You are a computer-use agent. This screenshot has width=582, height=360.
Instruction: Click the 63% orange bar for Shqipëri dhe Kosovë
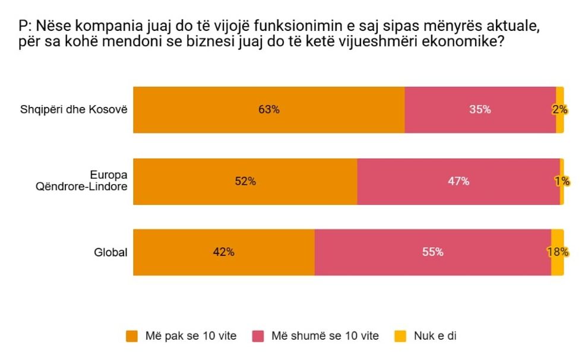[x=268, y=110]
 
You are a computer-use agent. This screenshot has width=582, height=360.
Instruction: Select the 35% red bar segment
[x=480, y=110]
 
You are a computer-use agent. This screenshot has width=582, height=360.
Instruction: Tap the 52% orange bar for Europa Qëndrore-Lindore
[x=245, y=182]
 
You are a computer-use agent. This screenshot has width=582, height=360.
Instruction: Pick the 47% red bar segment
[x=458, y=182]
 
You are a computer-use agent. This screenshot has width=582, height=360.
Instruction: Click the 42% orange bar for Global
[x=223, y=252]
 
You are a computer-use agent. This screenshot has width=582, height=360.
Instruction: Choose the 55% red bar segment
[x=432, y=252]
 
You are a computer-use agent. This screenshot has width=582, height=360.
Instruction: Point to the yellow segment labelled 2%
[x=559, y=110]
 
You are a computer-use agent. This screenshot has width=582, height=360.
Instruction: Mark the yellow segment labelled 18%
[x=557, y=252]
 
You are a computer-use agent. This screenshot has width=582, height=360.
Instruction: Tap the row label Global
[x=110, y=252]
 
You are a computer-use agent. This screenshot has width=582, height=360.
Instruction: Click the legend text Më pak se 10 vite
[x=191, y=336]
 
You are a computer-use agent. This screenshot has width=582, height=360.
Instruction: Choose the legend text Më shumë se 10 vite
[x=325, y=336]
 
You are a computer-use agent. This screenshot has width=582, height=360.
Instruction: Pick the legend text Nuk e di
[x=435, y=336]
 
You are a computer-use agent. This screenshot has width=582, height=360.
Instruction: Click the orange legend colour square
[x=132, y=336]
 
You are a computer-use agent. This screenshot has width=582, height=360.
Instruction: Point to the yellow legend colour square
[x=401, y=336]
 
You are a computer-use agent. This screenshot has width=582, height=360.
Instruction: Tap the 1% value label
[x=562, y=182]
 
